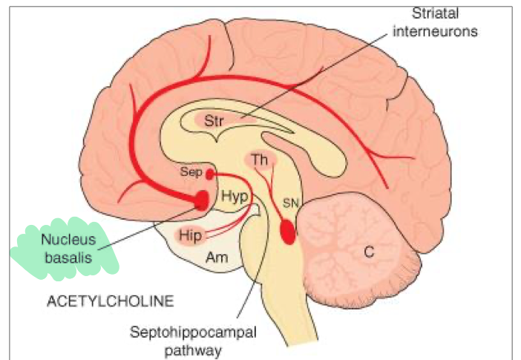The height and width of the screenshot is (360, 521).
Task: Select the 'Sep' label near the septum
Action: pyautogui.click(x=191, y=170)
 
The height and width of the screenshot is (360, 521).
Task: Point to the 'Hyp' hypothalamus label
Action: pyautogui.click(x=233, y=197)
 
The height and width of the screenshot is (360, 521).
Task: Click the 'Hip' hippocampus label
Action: pyautogui.click(x=188, y=235)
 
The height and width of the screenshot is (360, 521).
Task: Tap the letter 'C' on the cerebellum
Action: pyautogui.click(x=367, y=252)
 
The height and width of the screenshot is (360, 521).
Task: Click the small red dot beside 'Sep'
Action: pyautogui.click(x=209, y=174)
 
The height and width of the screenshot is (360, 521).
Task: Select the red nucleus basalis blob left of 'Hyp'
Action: pyautogui.click(x=201, y=199)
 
